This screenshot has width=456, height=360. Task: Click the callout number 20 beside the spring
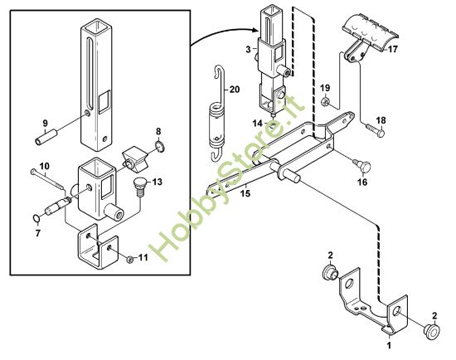click(x=234, y=89)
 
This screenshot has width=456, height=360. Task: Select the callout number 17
click(x=392, y=50)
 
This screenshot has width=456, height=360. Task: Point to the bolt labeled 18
click(x=375, y=129)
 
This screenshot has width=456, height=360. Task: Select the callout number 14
click(x=259, y=123)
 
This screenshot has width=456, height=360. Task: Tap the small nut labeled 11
click(x=131, y=260)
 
